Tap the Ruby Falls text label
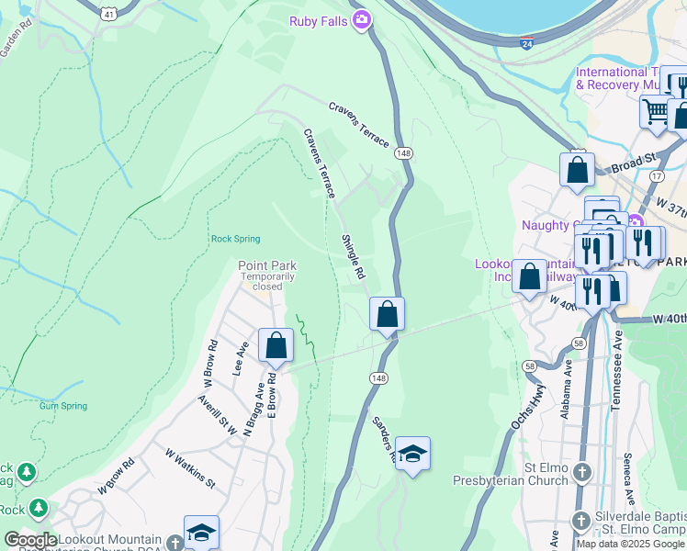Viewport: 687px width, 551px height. click(321, 20)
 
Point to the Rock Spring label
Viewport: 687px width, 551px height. click(235, 239)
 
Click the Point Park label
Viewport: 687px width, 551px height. click(266, 266)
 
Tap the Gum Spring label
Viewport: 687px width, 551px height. click(63, 406)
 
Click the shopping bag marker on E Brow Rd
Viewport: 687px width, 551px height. click(276, 346)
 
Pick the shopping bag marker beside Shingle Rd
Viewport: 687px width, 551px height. click(388, 314)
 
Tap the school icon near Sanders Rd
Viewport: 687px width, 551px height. click(413, 455)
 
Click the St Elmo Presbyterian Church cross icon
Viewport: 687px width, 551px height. click(581, 473)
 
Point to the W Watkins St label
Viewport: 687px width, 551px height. click(190, 467)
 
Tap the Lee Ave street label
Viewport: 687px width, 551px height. click(242, 359)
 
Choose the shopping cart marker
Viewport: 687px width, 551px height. click(656, 112)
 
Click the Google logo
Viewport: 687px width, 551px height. click(31, 540)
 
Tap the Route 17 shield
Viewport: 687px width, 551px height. click(656, 175)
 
